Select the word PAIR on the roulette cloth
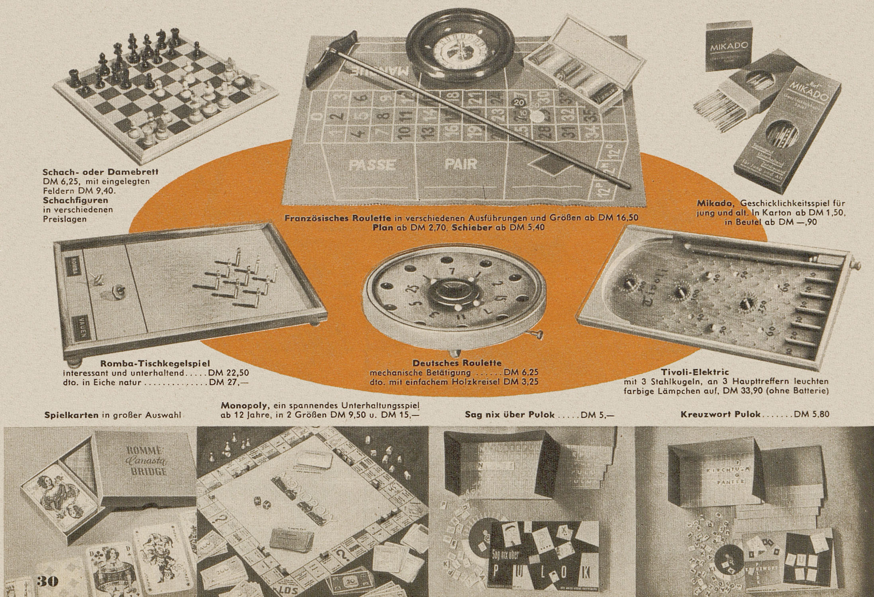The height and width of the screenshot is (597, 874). pyautogui.click(x=461, y=164)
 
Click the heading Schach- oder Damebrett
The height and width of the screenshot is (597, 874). pyautogui.click(x=100, y=173)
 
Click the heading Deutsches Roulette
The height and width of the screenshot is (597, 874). pyautogui.click(x=457, y=363)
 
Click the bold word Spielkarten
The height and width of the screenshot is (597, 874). pyautogui.click(x=71, y=415)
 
